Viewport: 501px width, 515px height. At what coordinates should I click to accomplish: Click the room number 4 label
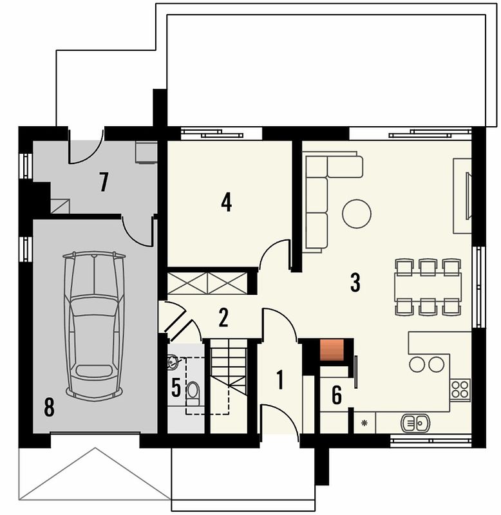[227, 202]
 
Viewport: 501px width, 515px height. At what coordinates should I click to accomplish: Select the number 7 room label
[104, 182]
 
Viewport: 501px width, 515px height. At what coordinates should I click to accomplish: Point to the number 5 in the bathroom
[176, 388]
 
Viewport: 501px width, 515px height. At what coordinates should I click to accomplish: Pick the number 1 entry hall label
[280, 380]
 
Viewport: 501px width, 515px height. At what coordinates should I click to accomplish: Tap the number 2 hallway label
[223, 317]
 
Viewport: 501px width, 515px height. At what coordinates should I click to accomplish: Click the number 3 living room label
[355, 283]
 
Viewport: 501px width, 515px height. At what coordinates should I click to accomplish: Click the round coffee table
[357, 214]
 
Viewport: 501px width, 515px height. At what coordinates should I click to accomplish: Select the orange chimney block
[332, 350]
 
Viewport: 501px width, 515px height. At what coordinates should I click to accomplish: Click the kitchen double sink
[415, 423]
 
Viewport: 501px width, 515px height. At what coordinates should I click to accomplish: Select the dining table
[428, 286]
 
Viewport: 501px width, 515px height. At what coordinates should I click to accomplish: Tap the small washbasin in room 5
[173, 362]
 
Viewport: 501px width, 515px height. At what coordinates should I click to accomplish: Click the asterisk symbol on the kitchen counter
[364, 423]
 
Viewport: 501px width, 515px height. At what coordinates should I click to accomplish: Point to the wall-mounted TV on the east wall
[468, 196]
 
